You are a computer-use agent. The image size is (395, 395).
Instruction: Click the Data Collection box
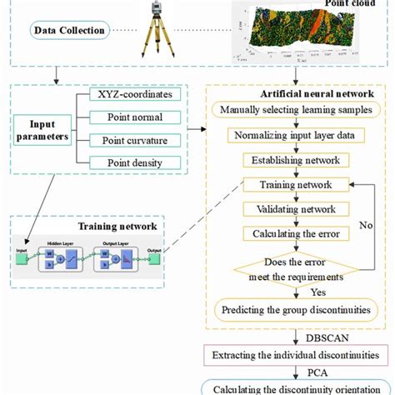click(69, 31)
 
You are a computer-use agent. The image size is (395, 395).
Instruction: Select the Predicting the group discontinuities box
click(296, 311)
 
